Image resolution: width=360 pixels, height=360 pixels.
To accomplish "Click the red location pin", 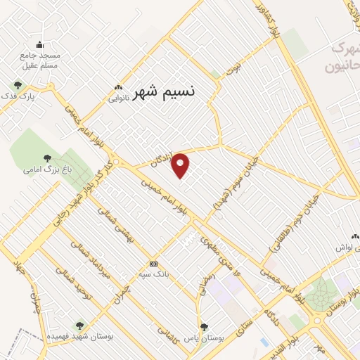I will (x=181, y=165).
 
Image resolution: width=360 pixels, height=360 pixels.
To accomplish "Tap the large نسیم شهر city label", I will (x=163, y=90).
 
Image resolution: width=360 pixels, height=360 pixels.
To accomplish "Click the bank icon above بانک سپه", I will (x=154, y=264).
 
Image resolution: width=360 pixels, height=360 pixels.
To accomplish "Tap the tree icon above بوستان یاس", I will (x=205, y=326).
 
